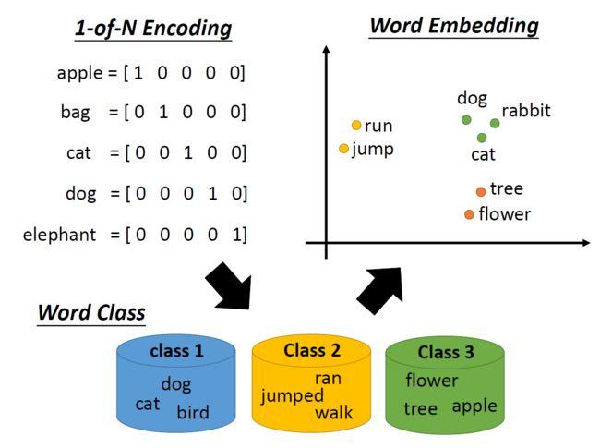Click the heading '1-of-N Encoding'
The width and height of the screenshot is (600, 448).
click(152, 29)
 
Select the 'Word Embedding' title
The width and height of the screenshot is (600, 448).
click(453, 25)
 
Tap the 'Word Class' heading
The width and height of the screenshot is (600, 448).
click(90, 312)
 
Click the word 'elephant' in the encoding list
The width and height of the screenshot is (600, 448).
click(59, 235)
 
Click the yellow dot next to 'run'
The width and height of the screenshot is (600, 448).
click(356, 126)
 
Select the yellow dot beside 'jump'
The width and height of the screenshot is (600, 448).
click(344, 149)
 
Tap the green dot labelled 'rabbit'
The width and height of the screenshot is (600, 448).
click(495, 123)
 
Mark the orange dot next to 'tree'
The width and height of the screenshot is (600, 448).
click(480, 191)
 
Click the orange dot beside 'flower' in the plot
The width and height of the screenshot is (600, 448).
click(469, 214)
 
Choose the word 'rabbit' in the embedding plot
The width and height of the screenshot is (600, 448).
click(525, 111)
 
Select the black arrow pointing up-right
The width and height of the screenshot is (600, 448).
click(379, 289)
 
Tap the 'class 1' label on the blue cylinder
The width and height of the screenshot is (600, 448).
click(176, 351)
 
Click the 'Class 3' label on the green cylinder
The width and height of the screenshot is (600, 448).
click(445, 352)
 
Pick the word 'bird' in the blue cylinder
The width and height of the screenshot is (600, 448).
click(193, 412)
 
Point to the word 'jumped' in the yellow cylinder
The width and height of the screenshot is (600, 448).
click(293, 395)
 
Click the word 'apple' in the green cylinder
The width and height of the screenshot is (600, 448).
click(474, 406)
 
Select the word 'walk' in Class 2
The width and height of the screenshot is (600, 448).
click(333, 412)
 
